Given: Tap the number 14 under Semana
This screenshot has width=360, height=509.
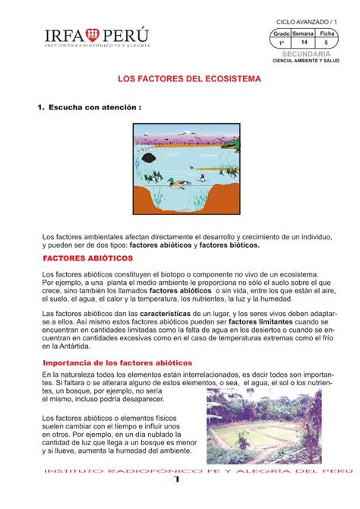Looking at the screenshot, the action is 304,43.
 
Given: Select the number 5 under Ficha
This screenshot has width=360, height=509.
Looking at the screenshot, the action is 327,43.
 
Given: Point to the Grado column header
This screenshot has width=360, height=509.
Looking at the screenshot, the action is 282,34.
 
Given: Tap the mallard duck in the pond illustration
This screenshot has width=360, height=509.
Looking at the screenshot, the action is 178,181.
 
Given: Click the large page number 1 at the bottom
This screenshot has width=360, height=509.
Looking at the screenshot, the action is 178,480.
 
